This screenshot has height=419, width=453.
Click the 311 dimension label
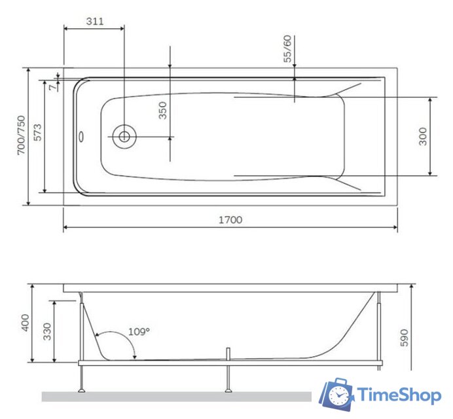click(x=94, y=21)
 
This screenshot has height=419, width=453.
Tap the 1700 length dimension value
click(x=231, y=220)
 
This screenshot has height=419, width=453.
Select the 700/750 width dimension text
click(x=21, y=136)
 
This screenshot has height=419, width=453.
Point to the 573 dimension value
click(x=38, y=133)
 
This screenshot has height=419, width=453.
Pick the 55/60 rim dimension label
click(x=288, y=49)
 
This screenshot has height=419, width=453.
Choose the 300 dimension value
click(x=423, y=136)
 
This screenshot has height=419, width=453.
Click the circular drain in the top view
click(x=123, y=136)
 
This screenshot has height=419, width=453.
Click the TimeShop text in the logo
click(x=399, y=395)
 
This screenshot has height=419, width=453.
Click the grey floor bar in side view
click(x=177, y=397)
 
